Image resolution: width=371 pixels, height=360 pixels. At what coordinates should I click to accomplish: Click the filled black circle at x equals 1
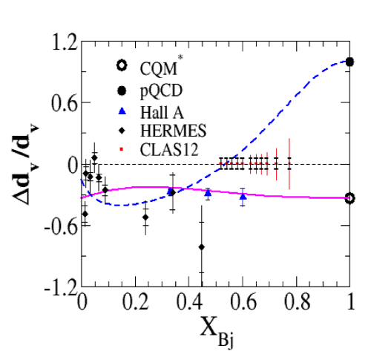(350, 62)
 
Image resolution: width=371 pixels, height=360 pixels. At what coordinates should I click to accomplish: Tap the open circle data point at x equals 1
(350, 198)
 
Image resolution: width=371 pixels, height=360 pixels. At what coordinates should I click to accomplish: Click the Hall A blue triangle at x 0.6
(243, 197)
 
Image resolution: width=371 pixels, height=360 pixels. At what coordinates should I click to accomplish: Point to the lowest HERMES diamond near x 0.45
(201, 246)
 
